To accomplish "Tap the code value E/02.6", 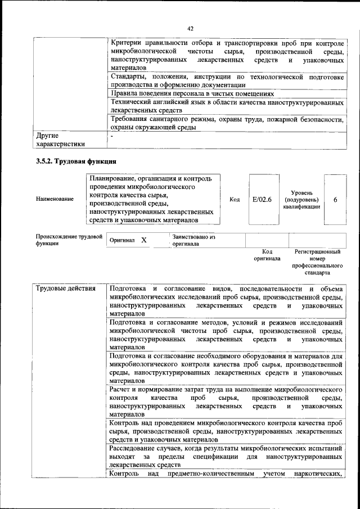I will click(x=262, y=199).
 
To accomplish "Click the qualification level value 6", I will click(x=335, y=199).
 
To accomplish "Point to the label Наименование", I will click(x=55, y=199).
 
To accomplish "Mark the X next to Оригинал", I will click(x=143, y=240).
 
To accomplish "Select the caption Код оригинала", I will click(x=267, y=255).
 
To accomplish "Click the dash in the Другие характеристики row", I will click(x=112, y=136).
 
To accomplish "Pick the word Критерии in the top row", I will click(x=127, y=43).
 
